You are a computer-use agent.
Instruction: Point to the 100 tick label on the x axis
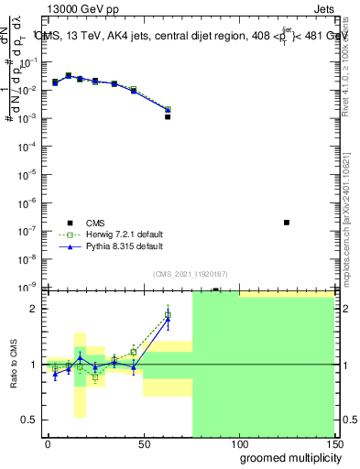[238, 442]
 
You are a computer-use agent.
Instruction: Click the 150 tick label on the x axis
[334, 442]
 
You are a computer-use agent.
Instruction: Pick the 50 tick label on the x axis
[143, 442]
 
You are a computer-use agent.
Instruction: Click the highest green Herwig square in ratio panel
[168, 315]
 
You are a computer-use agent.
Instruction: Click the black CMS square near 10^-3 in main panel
[168, 117]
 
